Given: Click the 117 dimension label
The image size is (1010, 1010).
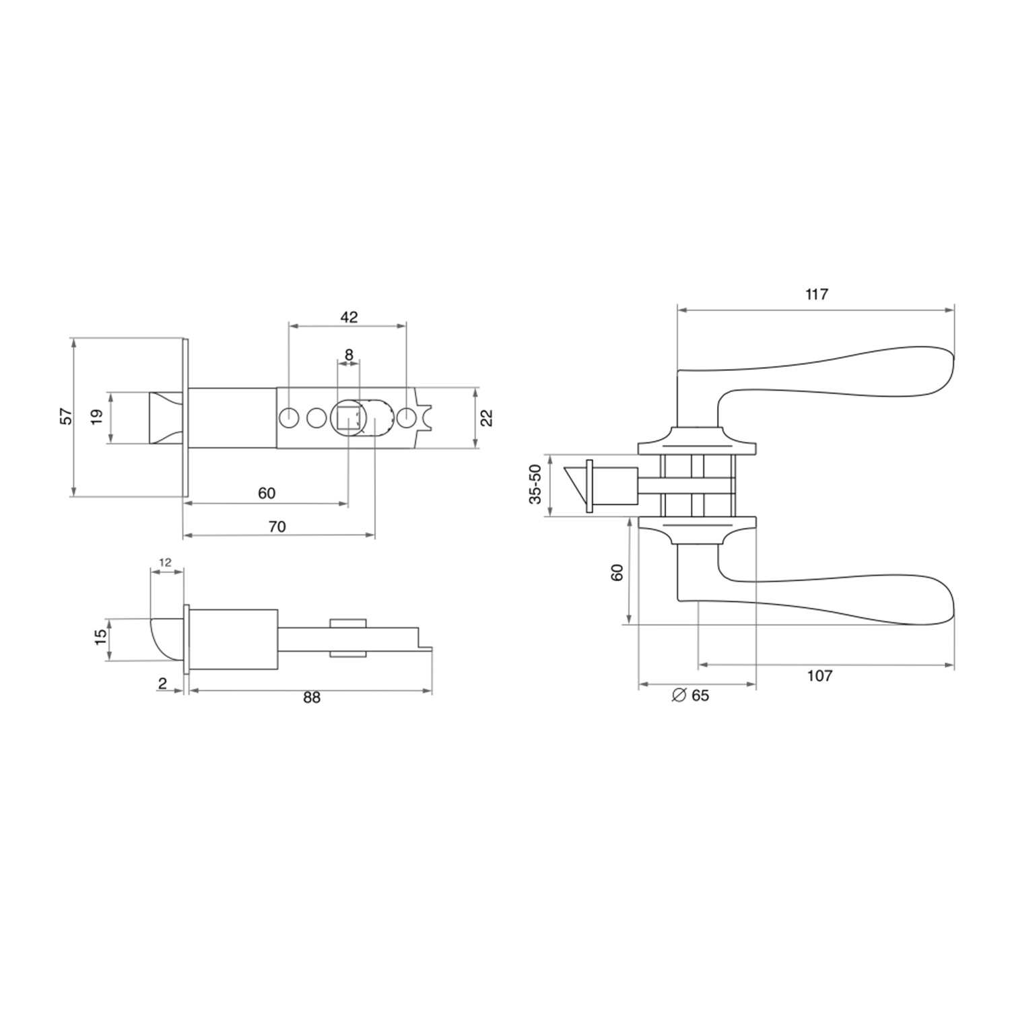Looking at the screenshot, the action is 816,294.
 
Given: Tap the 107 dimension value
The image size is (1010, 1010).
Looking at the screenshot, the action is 819,676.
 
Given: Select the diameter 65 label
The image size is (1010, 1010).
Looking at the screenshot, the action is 691,696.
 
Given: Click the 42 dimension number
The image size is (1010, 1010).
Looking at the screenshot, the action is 349,317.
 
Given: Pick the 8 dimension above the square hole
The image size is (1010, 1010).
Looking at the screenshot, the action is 349,354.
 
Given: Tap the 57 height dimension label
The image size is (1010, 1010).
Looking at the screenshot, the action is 66,416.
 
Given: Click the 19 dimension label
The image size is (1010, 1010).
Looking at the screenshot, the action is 96,417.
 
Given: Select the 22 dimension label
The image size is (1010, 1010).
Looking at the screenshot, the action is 488,417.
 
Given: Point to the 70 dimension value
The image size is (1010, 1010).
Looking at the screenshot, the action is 277,527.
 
